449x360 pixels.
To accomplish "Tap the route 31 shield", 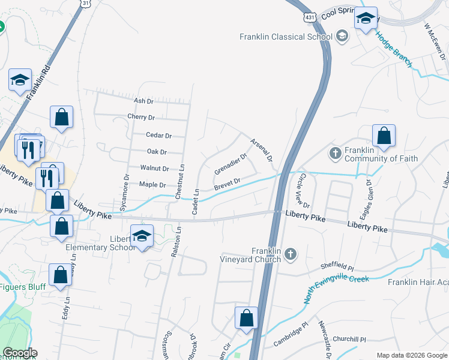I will [x=86, y=4].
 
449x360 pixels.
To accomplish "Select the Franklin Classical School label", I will [x=286, y=37].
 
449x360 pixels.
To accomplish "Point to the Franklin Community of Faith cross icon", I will [x=335, y=154].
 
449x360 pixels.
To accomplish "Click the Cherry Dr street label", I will [x=141, y=117].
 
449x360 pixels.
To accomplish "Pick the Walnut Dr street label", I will [x=154, y=169].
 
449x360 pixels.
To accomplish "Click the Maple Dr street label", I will [x=152, y=184].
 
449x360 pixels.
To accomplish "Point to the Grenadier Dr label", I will [x=231, y=164].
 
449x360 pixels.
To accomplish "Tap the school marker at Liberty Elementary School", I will [x=142, y=236].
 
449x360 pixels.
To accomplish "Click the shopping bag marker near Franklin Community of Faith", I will [x=384, y=136].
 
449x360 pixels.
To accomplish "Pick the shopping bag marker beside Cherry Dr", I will [x=62, y=118].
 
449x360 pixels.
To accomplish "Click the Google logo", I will [x=19, y=353].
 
